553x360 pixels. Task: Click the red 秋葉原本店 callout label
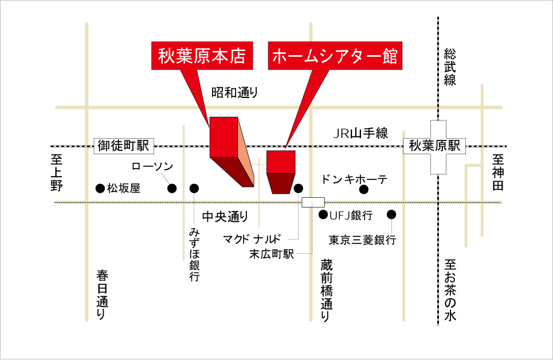point(201,56)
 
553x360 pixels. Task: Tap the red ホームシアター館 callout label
point(335,56)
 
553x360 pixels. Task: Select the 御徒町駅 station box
point(123,146)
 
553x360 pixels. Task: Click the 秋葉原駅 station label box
point(434,146)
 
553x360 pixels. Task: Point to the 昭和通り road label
point(235,92)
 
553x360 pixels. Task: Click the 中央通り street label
point(226,217)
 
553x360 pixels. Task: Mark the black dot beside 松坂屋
point(100,188)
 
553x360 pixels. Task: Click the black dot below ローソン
point(171,188)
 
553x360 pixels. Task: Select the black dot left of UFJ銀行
point(323,215)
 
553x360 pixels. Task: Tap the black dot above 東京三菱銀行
point(392,215)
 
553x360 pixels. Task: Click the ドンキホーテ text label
point(355,179)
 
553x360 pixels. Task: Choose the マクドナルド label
point(252,238)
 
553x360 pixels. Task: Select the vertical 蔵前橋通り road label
point(327,289)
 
